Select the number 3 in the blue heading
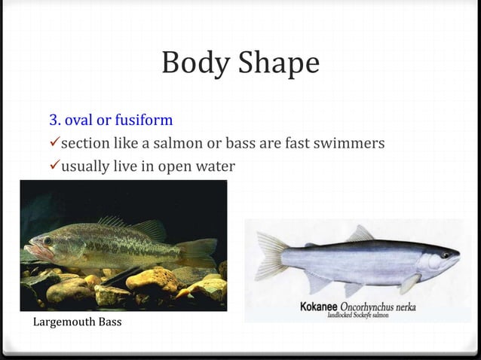[54, 120]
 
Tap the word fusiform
[146, 121]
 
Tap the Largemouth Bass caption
[78, 323]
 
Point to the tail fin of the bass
[198, 252]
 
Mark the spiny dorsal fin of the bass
[113, 222]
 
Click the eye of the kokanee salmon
[445, 256]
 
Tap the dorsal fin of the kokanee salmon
[360, 234]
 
